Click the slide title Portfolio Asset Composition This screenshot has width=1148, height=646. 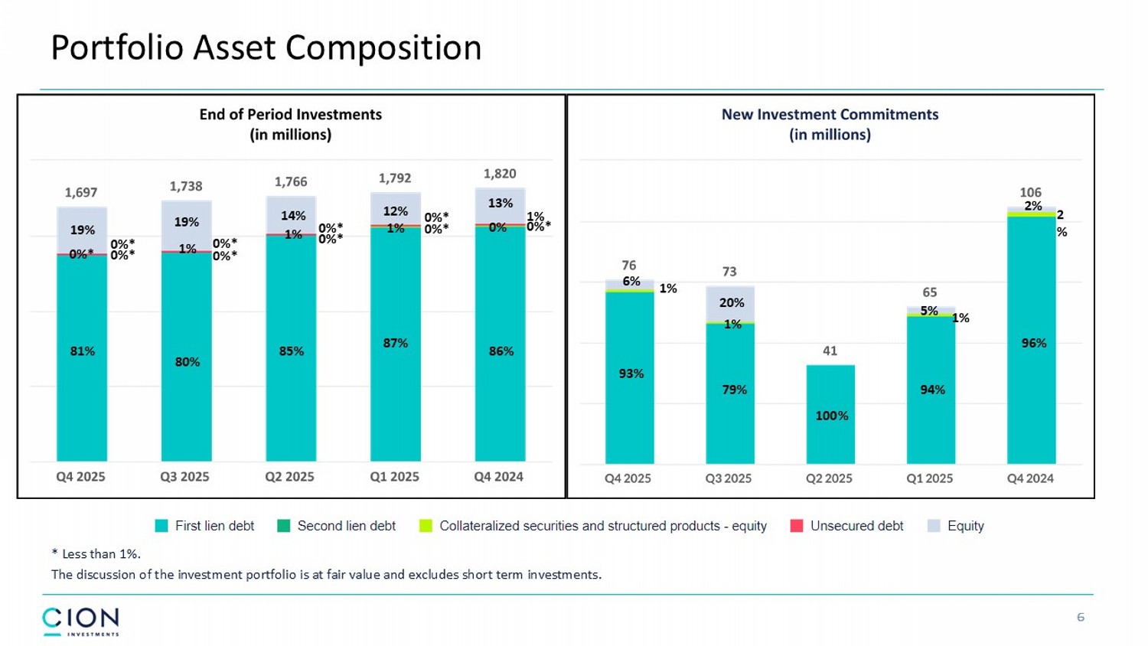tap(266, 47)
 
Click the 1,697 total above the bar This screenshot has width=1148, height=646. tap(81, 192)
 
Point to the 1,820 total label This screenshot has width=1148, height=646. tap(500, 174)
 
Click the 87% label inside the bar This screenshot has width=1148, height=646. tap(396, 343)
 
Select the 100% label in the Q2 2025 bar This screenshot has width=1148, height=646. tap(831, 416)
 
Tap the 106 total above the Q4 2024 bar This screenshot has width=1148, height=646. tap(1030, 192)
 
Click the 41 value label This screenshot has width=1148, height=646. tap(830, 351)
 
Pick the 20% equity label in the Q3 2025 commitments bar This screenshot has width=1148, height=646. tap(732, 302)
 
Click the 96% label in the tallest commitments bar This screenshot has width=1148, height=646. tap(1033, 343)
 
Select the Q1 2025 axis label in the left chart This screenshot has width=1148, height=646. tap(394, 476)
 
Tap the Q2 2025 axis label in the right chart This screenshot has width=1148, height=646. tap(829, 478)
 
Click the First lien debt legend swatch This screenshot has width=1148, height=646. tap(161, 526)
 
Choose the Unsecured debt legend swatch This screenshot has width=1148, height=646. tap(797, 526)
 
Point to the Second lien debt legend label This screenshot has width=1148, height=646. tap(346, 526)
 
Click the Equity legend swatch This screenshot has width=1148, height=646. tap(934, 526)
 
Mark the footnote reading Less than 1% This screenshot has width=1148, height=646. tap(96, 553)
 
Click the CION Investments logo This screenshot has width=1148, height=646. tap(80, 621)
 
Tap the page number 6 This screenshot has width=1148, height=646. tap(1081, 617)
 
